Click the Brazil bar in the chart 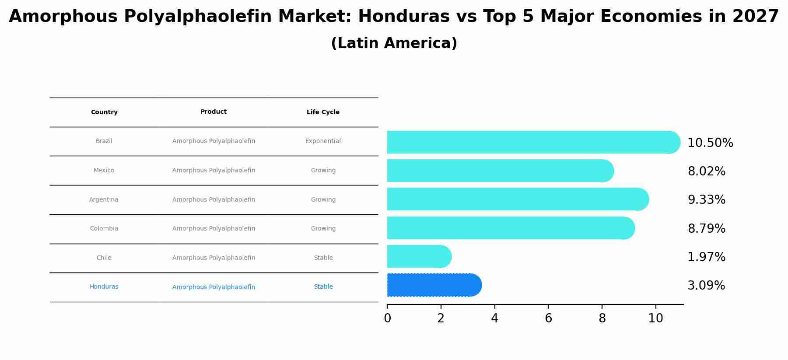532,142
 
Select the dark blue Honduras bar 433,285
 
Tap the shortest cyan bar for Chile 418,256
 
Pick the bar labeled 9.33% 516,199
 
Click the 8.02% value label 706,171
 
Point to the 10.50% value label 710,143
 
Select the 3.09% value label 706,286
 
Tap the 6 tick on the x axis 548,318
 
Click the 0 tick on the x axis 387,318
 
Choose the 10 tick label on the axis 655,318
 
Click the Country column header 104,112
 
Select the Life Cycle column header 323,112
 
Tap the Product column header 214,112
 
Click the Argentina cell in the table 104,200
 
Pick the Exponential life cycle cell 323,141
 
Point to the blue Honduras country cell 104,287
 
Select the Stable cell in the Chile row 323,258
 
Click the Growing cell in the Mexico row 323,171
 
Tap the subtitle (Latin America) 394,43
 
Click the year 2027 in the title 756,17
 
